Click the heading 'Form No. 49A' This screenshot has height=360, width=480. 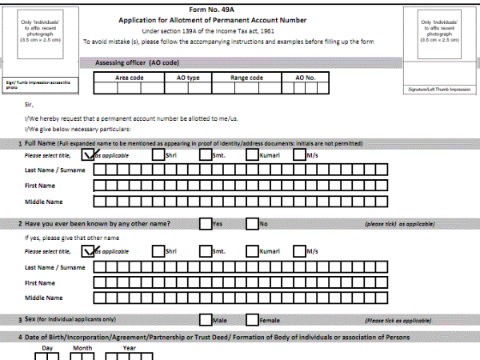tap(240, 8)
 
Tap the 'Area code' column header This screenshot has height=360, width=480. tap(130, 78)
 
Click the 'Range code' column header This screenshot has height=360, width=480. tap(246, 78)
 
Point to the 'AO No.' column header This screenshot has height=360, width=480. tap(306, 78)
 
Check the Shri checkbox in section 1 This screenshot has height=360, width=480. tap(158, 155)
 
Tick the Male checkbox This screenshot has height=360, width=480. tap(206, 320)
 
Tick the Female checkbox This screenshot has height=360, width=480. tap(253, 320)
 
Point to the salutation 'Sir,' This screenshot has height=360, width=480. tap(29, 104)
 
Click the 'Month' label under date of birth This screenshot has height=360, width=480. tap(82, 349)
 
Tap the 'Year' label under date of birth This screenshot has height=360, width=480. tap(129, 349)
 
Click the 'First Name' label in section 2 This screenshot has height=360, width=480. tap(40, 282)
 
